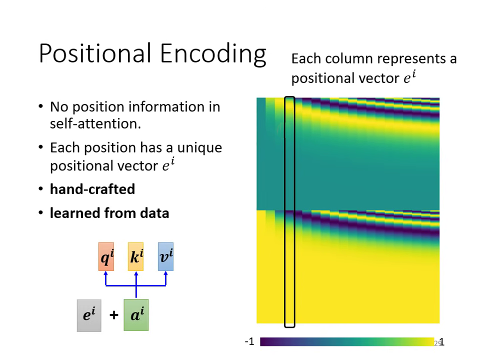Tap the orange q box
click(x=106, y=256)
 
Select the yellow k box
click(x=135, y=256)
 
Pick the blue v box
click(x=165, y=256)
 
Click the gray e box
click(x=89, y=315)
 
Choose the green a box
click(x=136, y=315)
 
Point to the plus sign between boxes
click(x=113, y=315)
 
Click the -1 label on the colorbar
click(x=249, y=342)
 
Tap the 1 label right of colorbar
click(x=441, y=342)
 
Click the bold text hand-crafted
click(x=92, y=189)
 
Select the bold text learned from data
click(x=109, y=213)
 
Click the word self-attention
click(x=95, y=123)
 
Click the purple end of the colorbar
click(x=265, y=342)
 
